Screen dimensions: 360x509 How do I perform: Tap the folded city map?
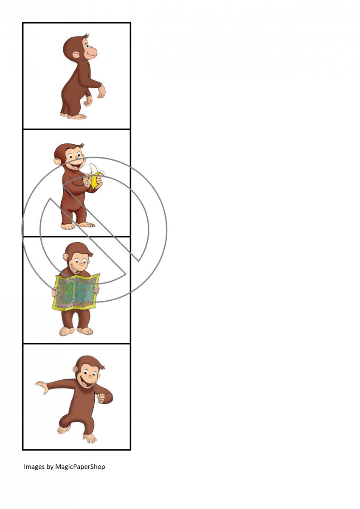pos(76,292)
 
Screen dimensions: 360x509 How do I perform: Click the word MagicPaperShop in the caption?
pos(80,467)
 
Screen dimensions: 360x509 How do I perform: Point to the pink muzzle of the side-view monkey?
pos(92,52)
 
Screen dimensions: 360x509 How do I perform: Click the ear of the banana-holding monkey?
pos(58,161)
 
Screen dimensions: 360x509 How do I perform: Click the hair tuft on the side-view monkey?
pos(86,36)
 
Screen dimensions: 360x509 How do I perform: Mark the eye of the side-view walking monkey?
pos(87,46)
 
